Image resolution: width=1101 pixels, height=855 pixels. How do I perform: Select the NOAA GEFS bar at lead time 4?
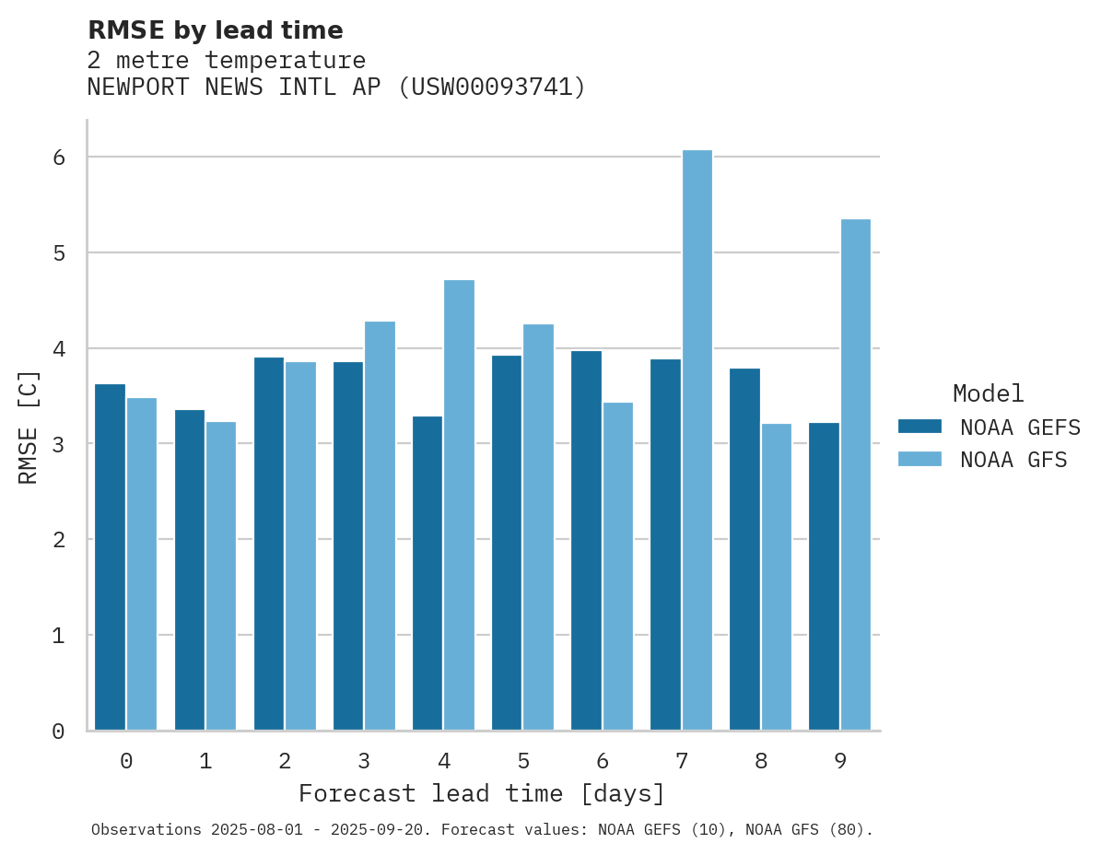[x=428, y=573]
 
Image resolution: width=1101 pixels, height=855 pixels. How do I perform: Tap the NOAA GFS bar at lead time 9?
[x=855, y=474]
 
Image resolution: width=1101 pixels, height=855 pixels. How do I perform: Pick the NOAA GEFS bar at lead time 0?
[x=111, y=557]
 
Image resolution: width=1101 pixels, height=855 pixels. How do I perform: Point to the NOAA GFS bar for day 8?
[x=776, y=577]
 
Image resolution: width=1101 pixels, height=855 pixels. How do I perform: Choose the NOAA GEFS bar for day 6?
[x=586, y=541]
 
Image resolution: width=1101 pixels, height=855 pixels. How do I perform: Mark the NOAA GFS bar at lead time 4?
[x=459, y=505]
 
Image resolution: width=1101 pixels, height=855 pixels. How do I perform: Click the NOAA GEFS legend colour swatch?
[x=919, y=426]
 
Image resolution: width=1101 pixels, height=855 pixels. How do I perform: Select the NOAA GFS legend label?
[x=1013, y=460]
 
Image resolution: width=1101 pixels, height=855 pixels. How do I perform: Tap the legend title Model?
[x=988, y=393]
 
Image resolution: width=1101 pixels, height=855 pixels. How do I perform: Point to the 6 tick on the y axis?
[x=58, y=158]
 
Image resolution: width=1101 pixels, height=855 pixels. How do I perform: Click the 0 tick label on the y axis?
[x=58, y=732]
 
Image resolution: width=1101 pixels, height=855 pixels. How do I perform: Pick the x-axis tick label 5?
[x=523, y=761]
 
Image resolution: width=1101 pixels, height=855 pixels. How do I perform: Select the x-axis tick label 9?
[x=840, y=761]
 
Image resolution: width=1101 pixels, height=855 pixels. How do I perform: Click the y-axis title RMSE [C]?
[x=29, y=427]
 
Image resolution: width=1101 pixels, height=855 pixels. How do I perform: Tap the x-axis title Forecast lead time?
[x=481, y=793]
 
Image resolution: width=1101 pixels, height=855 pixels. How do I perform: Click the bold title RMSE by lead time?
[x=215, y=30]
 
